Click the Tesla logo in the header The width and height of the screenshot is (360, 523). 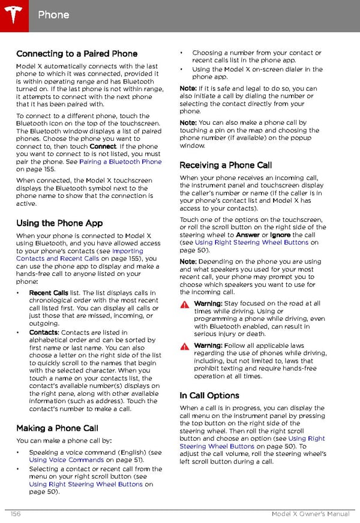point(13,14)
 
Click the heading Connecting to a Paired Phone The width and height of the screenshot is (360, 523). point(77,54)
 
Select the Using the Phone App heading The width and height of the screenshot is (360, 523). point(59,223)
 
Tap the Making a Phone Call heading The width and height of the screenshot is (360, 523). point(57,428)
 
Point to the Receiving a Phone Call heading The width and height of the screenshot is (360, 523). point(226,165)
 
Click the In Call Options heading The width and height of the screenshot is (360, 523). point(209,395)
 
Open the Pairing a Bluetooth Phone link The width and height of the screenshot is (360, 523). point(120,162)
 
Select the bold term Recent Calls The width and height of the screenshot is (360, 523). point(49,293)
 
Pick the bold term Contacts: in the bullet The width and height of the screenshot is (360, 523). point(44,332)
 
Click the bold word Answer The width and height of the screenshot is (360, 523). point(248,235)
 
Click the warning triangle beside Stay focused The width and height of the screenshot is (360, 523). point(185,305)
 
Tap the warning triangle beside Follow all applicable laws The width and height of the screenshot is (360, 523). point(185,347)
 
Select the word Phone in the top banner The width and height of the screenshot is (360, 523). point(53,14)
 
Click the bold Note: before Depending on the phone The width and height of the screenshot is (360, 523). point(188,261)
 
